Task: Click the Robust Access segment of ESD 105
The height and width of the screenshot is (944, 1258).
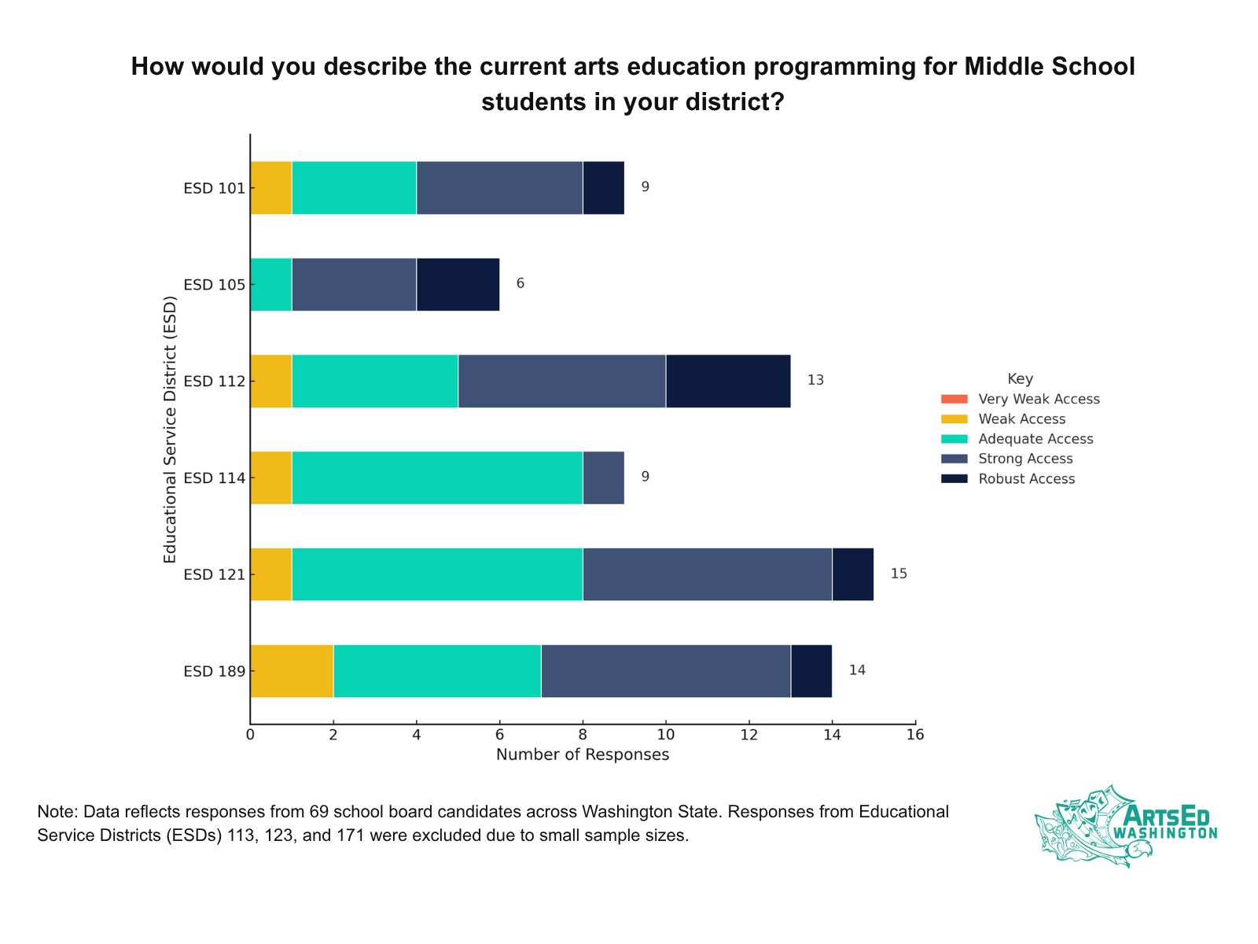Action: coord(458,284)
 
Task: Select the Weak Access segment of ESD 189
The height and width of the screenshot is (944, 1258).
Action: coord(292,671)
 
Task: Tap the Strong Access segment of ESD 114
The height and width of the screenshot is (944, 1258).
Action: coord(603,478)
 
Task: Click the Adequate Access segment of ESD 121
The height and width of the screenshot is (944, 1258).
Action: coord(437,574)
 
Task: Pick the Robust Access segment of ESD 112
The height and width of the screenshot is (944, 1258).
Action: coord(728,381)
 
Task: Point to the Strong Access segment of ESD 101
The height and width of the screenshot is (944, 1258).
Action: coord(499,187)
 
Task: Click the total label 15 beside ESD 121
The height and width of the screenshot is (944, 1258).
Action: coord(899,573)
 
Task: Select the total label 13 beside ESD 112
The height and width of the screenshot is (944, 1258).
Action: coord(815,380)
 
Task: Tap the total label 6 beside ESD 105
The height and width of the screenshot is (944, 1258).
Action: coord(520,283)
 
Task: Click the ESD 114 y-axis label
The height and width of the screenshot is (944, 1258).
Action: coord(214,478)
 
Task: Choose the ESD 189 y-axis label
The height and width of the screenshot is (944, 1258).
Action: coord(214,671)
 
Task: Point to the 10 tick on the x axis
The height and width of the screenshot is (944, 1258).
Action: coord(665,735)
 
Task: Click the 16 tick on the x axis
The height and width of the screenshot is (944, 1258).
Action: coord(914,735)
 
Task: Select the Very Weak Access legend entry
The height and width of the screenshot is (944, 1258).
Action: coord(1039,399)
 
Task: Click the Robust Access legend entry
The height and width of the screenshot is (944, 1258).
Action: coord(1026,479)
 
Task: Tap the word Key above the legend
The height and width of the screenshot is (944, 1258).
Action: coord(1020,378)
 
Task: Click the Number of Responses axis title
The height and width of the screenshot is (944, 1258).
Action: coord(583,755)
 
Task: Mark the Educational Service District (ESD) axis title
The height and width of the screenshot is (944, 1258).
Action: coord(170,430)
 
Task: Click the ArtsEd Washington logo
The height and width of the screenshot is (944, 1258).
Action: coord(1125,826)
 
